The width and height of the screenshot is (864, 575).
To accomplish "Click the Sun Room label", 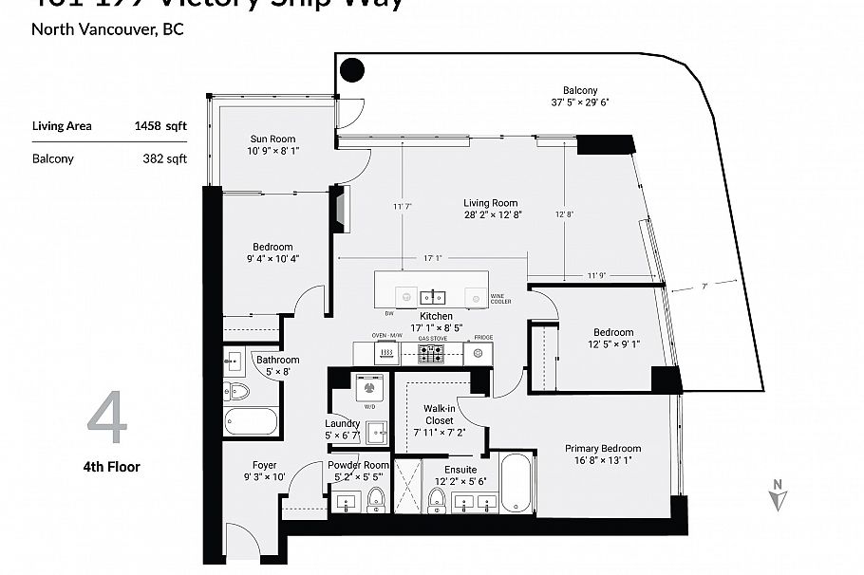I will [x=272, y=139].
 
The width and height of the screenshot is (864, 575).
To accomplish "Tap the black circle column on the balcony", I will [x=352, y=69].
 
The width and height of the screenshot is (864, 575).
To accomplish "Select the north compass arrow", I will [x=778, y=496].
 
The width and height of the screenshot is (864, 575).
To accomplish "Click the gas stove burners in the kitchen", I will [x=432, y=353].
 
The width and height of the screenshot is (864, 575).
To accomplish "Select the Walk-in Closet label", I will [x=439, y=414].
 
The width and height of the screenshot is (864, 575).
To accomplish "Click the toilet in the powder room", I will [x=376, y=498].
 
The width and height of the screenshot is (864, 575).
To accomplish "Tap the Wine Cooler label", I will [x=500, y=299].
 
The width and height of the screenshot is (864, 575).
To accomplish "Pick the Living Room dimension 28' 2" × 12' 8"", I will [x=490, y=214].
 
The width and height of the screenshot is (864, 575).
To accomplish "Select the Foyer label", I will [x=264, y=465].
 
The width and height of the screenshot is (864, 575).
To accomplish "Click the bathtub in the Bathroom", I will [x=252, y=421].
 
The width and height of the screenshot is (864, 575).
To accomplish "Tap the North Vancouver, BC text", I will [x=107, y=28].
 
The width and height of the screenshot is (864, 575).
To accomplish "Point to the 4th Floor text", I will [x=110, y=466].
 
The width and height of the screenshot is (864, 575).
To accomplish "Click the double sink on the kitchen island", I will [x=434, y=295].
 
